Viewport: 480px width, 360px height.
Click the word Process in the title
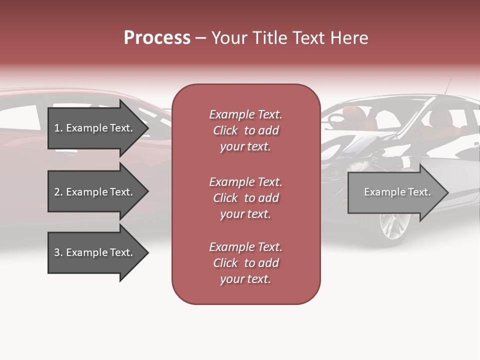click(x=157, y=38)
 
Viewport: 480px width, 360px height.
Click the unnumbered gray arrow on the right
click(x=395, y=192)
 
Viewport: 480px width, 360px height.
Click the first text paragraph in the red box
click(x=245, y=130)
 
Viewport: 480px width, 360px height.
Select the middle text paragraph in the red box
click(x=245, y=198)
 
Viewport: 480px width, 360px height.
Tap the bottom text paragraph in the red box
click(x=245, y=263)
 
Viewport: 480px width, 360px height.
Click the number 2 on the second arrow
click(x=56, y=192)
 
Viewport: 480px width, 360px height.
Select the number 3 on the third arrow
click(x=56, y=252)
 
